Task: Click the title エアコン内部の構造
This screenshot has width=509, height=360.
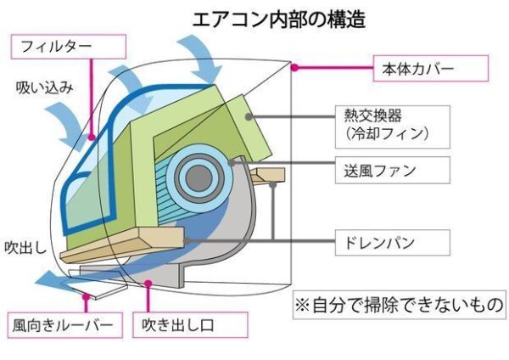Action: click(x=279, y=19)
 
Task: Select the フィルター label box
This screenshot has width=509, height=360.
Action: click(x=69, y=47)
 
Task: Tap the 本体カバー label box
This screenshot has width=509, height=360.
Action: click(x=431, y=68)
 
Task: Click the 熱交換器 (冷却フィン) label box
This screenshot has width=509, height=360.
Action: click(x=393, y=127)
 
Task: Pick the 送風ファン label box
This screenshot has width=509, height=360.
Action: click(x=393, y=171)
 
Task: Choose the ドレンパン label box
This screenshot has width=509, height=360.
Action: click(x=393, y=243)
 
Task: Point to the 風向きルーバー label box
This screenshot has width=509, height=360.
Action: click(x=65, y=325)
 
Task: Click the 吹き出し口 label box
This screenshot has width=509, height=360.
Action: click(x=190, y=325)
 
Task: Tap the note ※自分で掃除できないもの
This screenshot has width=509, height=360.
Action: click(x=400, y=305)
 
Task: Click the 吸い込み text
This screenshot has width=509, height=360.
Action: click(x=45, y=87)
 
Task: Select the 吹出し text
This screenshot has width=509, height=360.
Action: click(x=25, y=248)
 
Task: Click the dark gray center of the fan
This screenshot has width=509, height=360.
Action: click(x=199, y=178)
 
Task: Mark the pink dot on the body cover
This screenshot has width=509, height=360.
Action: click(x=294, y=68)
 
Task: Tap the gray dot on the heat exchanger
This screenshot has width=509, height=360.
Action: click(x=249, y=116)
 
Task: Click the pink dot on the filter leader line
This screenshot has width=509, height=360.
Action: click(x=92, y=137)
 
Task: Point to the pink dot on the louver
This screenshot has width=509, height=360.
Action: click(x=86, y=296)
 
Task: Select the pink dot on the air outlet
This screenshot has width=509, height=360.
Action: click(x=148, y=284)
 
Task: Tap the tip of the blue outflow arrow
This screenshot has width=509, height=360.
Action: click(x=36, y=282)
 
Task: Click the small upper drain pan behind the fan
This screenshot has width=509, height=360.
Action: click(x=268, y=176)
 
